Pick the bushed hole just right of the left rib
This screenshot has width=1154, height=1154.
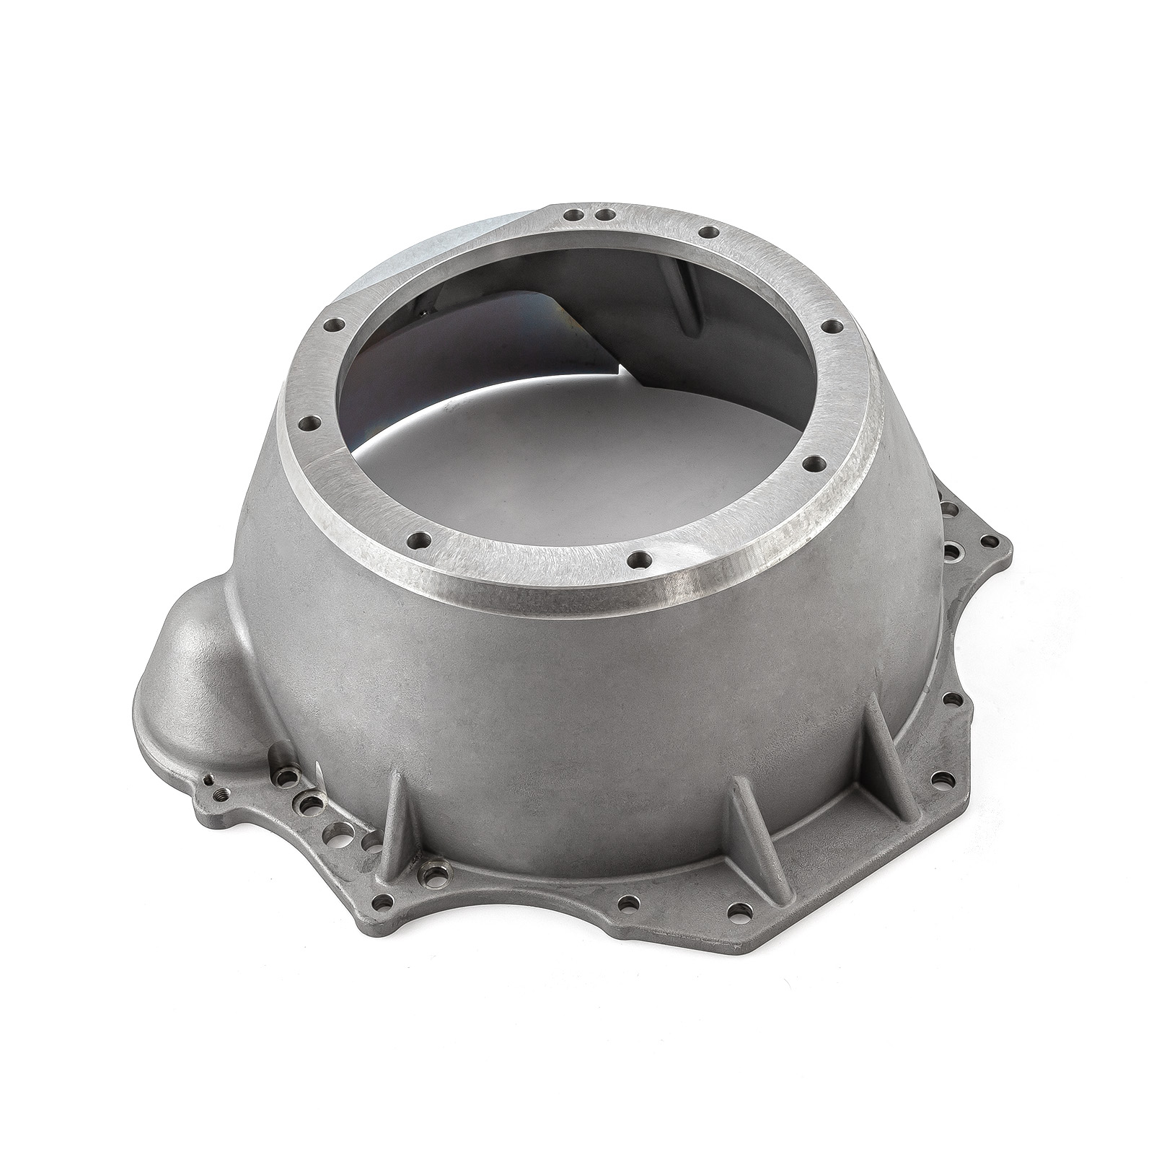coord(433,875)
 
